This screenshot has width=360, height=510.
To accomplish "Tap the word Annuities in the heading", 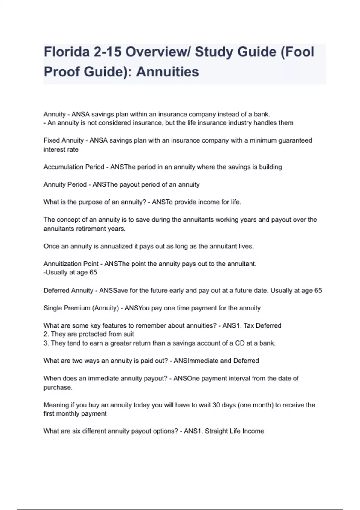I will pos(167,72).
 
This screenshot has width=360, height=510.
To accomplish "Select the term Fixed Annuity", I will pos(64,140).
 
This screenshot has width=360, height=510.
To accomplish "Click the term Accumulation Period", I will pos(74,167).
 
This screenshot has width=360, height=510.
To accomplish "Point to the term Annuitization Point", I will pos(71,264).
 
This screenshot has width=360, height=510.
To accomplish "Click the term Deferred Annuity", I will pos(68,290).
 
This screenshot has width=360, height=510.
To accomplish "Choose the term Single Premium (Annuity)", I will pos(81,308).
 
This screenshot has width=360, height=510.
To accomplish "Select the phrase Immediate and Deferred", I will pos(223,361).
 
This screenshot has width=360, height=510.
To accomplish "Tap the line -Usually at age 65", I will pos(70,272).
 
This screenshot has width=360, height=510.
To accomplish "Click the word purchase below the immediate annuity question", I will pos(57,387).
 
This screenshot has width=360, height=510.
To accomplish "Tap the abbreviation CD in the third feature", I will pos(240,343).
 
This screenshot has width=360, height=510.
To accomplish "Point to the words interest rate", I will pos(61,149).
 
